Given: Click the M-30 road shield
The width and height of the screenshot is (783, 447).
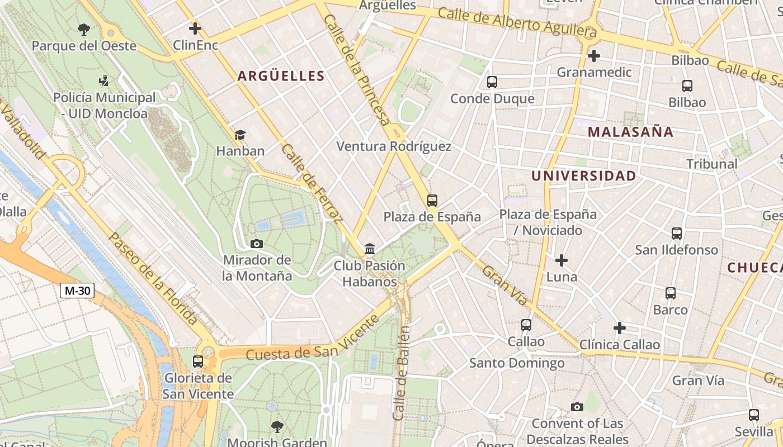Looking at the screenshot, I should tap(77, 291).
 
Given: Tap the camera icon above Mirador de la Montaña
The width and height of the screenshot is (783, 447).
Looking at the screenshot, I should tap(257, 244).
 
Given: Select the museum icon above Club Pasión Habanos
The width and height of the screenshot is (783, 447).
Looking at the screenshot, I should tap(369, 249).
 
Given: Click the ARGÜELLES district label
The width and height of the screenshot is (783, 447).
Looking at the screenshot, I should tap(281, 76).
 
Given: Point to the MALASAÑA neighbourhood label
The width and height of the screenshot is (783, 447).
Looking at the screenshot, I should tap(630, 132).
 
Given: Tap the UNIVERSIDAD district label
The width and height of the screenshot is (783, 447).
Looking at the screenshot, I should tap(583, 176).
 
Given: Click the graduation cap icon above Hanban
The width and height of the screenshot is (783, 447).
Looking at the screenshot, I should tap(240, 135).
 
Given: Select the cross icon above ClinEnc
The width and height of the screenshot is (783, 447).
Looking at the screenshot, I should tap(195, 28).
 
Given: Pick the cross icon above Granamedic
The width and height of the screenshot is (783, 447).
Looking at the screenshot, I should tap(594, 56).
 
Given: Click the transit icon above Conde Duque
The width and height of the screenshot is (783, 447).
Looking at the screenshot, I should tap(492, 82).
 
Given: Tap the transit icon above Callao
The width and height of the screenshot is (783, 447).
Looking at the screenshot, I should tap(526, 325).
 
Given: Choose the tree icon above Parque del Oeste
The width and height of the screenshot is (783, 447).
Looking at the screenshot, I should tap(84, 29).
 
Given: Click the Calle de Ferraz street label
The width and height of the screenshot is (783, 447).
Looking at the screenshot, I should tap(312, 182).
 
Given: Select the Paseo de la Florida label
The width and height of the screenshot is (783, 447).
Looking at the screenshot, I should tap(152, 279).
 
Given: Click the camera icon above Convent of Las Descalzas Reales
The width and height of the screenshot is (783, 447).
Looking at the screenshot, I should tap(577, 407).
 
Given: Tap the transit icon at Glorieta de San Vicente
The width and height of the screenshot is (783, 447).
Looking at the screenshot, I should tap(198, 362).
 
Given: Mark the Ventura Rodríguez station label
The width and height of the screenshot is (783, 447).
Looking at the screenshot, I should tap(394, 147).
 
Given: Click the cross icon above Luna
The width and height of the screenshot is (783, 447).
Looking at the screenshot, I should tap(562, 260).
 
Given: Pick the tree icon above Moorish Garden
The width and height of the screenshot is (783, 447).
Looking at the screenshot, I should tap(277, 427).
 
